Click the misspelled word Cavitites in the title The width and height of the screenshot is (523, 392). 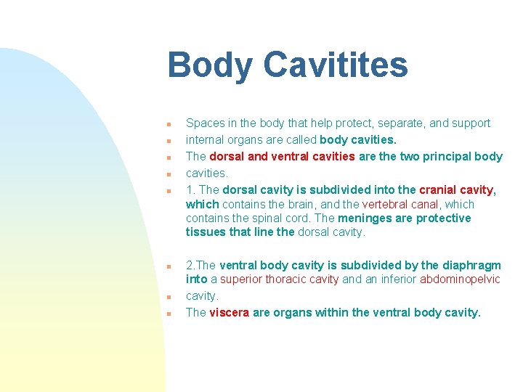pos(335,65)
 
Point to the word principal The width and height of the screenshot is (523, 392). pos(444,156)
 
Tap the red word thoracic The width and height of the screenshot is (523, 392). pos(292,279)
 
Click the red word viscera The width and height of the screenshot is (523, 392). pos(229,313)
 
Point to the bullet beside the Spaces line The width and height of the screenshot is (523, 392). pos(168,123)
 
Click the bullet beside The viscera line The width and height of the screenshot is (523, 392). pos(168,314)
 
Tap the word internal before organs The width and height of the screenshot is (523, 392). pos(205,139)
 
